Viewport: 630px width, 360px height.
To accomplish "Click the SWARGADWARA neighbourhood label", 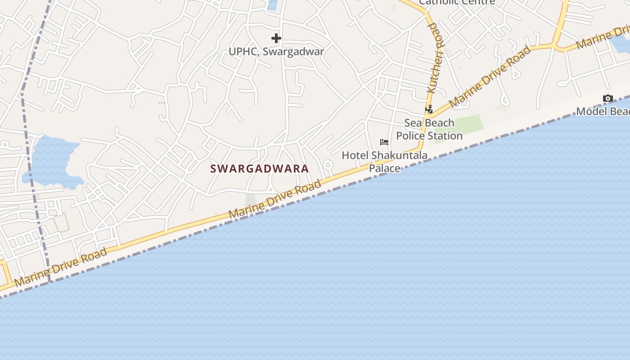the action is tap(260, 169).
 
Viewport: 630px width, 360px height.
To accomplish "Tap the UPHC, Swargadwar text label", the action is tap(276, 51).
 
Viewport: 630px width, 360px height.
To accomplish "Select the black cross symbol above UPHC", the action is tap(276, 38).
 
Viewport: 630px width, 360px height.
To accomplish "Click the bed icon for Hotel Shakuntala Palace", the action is tap(384, 142).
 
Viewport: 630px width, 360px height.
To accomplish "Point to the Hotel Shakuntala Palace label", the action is tap(384, 162).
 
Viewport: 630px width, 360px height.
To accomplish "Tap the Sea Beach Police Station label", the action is tap(429, 129).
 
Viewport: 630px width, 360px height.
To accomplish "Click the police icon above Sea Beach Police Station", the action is tap(429, 109).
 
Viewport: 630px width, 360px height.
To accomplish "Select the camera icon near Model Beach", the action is tap(607, 99).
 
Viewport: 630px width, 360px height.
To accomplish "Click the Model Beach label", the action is tap(603, 111).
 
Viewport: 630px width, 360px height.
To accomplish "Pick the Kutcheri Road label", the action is tap(435, 58).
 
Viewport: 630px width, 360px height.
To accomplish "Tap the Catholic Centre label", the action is tap(457, 2).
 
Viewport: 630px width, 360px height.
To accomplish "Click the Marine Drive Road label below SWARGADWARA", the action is tap(275, 199).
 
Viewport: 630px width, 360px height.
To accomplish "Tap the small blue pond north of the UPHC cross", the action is tap(272, 4).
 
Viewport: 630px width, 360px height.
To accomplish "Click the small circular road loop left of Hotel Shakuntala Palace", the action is tap(328, 165).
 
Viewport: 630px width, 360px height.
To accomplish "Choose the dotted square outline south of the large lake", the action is tap(61, 222).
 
